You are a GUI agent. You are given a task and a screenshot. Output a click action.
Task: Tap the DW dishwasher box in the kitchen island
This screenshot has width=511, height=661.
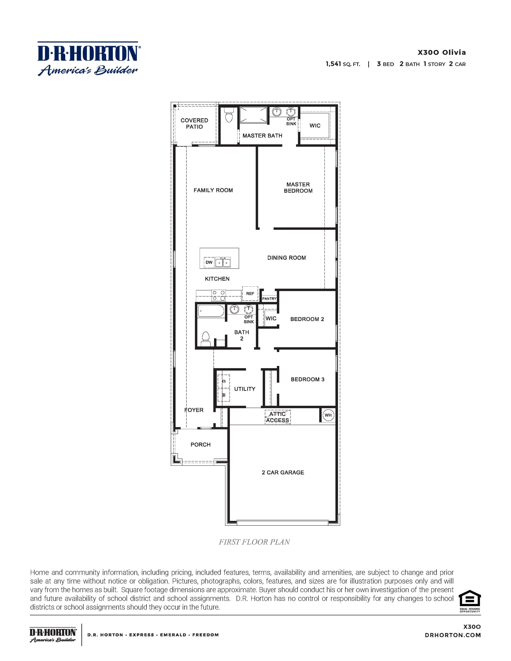tap(209, 262)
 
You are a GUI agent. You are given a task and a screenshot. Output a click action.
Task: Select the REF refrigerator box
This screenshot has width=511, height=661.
tap(250, 294)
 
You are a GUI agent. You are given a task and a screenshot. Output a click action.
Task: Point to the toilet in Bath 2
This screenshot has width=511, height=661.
tap(206, 339)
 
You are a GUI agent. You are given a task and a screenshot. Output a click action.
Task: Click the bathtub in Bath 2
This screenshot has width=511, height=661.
tap(211, 311)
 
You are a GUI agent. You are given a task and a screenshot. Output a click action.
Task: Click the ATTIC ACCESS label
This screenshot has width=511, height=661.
tap(278, 417)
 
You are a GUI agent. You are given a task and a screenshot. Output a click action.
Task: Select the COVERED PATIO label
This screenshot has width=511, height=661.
tap(194, 123)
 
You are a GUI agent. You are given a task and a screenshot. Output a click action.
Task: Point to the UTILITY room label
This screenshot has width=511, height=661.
tap(245, 389)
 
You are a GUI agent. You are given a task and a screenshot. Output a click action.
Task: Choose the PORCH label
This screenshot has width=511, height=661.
tap(200, 445)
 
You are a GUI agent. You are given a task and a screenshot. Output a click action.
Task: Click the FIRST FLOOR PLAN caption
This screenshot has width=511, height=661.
tap(254, 542)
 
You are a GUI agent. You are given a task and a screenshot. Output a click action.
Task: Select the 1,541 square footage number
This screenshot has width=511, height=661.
tap(333, 64)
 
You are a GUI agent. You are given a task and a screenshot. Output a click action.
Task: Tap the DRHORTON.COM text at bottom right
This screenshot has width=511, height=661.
tap(453, 635)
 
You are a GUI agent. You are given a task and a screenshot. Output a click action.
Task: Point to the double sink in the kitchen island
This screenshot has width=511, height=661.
tap(223, 262)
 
